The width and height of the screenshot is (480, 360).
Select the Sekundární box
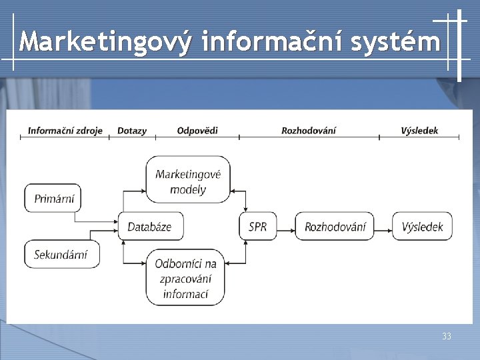coord(61,254)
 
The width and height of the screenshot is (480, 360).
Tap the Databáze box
coord(150,227)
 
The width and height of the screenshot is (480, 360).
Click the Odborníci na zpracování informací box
coord(186,279)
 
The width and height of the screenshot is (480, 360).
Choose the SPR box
coord(257,227)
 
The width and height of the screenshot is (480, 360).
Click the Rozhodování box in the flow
coord(335,227)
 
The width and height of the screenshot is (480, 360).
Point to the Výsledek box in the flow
coord(422,227)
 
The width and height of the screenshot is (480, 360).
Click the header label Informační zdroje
coord(65,131)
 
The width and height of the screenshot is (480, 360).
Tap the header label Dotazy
coord(132,131)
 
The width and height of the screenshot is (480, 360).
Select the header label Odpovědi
coord(197,131)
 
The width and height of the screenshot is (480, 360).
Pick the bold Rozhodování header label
coord(309,131)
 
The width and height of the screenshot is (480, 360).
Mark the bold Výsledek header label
coord(420,131)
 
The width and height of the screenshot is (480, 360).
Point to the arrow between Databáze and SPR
coord(211,227)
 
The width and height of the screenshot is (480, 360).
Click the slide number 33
coord(447,337)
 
